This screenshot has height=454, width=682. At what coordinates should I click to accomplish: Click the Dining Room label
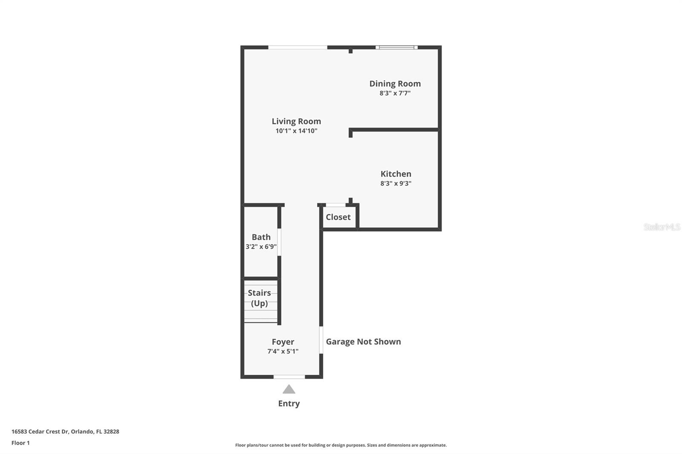(395, 83)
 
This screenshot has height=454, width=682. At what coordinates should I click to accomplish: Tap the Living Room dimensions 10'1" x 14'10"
(296, 131)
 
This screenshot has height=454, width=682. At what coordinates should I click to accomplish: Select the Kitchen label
(396, 174)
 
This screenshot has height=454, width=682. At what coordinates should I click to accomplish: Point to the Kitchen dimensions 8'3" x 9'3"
(396, 184)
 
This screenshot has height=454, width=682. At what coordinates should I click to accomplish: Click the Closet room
(338, 217)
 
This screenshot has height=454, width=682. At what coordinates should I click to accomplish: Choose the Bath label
(261, 237)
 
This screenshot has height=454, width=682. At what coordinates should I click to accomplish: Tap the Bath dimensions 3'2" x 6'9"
(261, 247)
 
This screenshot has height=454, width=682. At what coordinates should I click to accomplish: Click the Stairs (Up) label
(259, 298)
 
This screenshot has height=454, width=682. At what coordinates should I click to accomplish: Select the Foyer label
(283, 342)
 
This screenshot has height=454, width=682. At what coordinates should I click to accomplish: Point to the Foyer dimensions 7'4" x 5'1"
(283, 351)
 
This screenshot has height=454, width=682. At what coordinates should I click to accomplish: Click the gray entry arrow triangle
(289, 389)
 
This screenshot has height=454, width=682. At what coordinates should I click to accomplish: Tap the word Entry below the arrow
(289, 403)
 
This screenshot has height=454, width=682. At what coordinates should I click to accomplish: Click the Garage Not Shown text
(363, 342)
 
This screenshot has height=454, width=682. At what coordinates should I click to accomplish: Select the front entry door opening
(289, 376)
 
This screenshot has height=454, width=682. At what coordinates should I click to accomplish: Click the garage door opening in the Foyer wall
(321, 339)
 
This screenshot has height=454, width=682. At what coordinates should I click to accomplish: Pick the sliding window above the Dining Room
(396, 47)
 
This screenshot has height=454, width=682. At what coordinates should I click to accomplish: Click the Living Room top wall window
(298, 47)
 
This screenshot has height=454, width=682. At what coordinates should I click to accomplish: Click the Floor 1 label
(20, 443)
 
